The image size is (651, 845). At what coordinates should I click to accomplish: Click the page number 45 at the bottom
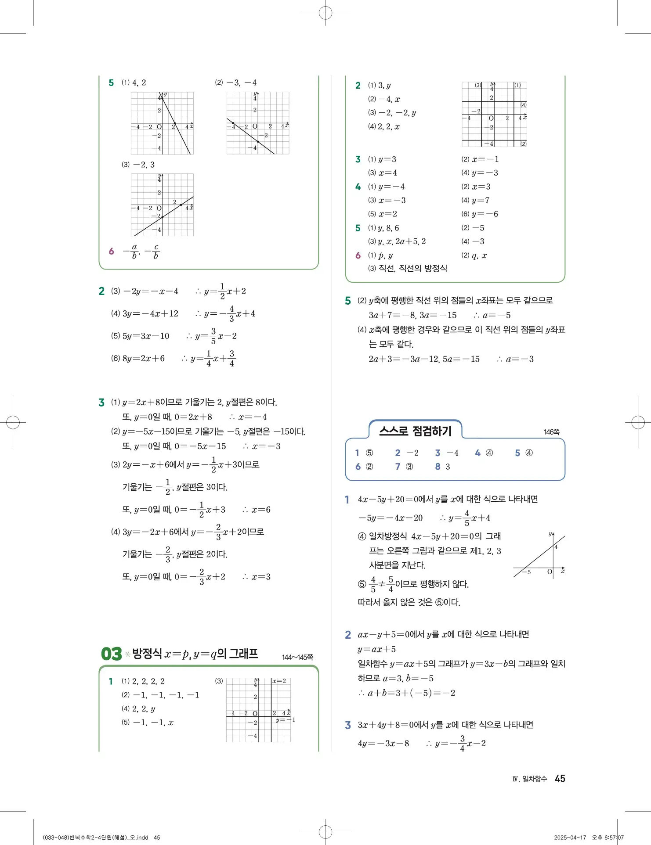click(x=560, y=778)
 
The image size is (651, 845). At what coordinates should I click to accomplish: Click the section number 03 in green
click(x=111, y=654)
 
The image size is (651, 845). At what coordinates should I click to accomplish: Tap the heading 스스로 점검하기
click(x=415, y=431)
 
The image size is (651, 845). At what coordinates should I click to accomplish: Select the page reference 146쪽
click(x=551, y=432)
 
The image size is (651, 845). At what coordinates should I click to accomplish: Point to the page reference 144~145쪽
click(x=297, y=657)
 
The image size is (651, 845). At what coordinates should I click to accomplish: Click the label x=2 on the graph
click(x=279, y=681)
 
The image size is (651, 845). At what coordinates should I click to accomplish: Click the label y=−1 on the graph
click(x=286, y=720)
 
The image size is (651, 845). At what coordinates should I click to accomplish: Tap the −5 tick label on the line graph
click(x=526, y=572)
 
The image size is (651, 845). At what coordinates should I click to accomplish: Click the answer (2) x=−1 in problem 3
click(x=480, y=159)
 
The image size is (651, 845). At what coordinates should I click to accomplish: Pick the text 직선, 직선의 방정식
click(x=412, y=268)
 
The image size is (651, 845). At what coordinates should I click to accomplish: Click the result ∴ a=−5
click(x=492, y=315)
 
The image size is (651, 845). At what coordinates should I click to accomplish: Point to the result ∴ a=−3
click(x=515, y=359)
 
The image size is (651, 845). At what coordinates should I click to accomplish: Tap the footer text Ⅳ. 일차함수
click(x=529, y=779)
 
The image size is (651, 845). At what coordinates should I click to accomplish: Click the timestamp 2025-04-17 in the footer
click(x=570, y=837)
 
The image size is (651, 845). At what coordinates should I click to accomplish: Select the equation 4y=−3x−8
click(x=383, y=743)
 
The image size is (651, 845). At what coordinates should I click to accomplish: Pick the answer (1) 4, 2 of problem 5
click(x=134, y=83)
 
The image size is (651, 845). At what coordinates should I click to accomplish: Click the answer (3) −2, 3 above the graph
click(x=138, y=165)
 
